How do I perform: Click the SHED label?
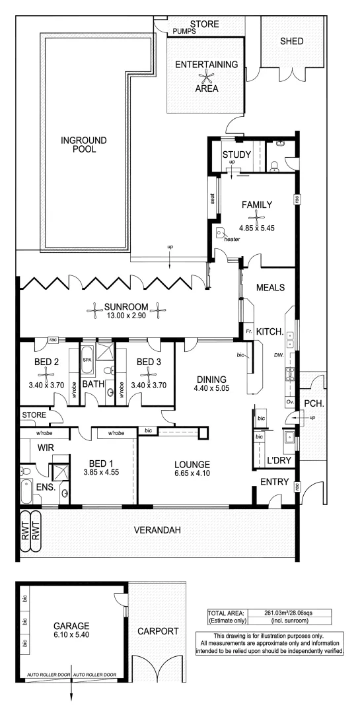pyautogui.click(x=292, y=41)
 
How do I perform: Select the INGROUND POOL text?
pyautogui.click(x=79, y=144)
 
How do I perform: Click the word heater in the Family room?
pyautogui.click(x=232, y=240)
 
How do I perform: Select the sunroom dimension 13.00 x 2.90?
pyautogui.click(x=124, y=318)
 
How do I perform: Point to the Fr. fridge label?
pyautogui.click(x=248, y=329)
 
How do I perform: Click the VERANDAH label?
pyautogui.click(x=157, y=529)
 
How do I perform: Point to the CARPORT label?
pyautogui.click(x=157, y=631)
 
